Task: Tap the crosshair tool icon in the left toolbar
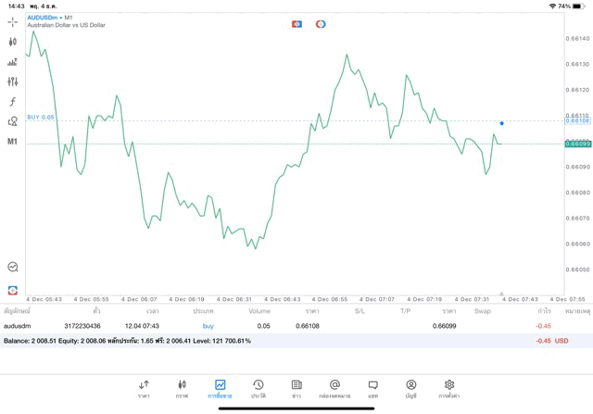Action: [x=12, y=21]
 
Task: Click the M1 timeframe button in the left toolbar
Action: [x=12, y=142]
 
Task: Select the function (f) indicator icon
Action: [x=12, y=102]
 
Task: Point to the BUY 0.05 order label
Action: [x=41, y=117]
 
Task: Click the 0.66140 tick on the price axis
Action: [x=577, y=38]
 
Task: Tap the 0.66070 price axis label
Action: [x=577, y=219]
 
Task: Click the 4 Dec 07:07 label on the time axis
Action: [x=375, y=299]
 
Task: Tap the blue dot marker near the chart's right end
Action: [x=501, y=123]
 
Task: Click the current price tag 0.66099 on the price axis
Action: [x=577, y=144]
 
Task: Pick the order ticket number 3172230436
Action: [x=82, y=326]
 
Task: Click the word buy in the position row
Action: [x=208, y=326]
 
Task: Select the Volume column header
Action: [x=259, y=311]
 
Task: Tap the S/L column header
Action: [x=360, y=311]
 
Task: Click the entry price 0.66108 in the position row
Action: [x=307, y=326]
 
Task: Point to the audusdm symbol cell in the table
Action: [x=19, y=326]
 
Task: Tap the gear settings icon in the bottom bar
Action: [x=449, y=384]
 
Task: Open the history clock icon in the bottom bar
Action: [x=259, y=384]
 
